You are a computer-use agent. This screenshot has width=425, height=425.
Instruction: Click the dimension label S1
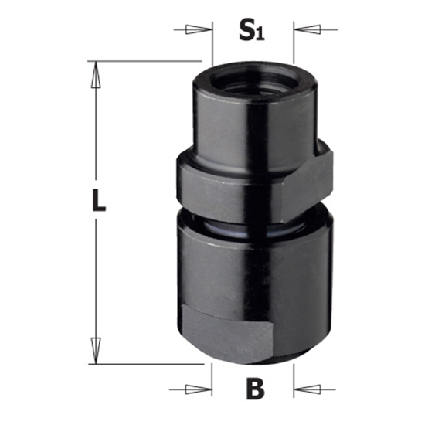point(253,31)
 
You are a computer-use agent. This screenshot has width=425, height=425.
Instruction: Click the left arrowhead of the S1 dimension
point(204,30)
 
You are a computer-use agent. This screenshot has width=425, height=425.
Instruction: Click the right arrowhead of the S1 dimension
point(302,30)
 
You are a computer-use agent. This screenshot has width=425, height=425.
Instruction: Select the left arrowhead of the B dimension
point(204,389)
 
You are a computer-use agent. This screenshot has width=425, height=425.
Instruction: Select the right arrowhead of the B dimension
point(302,389)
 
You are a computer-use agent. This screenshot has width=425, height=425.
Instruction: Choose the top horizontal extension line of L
point(147,61)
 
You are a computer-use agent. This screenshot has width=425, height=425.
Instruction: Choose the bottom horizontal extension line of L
point(147,362)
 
